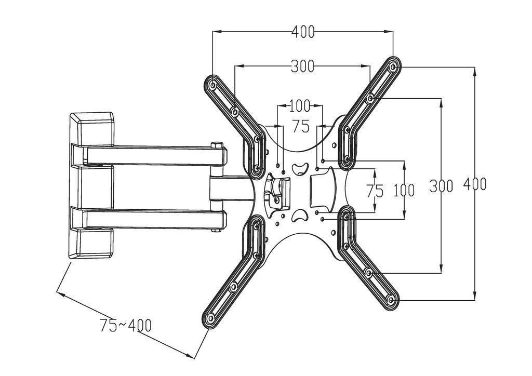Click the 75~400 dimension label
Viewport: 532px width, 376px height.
126,326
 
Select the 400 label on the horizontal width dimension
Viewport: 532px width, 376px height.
303,32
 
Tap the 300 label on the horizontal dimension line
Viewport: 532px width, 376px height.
302,66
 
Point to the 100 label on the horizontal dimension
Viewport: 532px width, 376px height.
299,106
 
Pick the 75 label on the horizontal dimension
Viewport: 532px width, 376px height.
301,126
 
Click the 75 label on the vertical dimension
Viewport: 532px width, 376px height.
375,191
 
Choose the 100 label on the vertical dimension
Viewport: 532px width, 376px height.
404,190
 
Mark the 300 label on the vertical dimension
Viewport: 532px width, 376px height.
441,185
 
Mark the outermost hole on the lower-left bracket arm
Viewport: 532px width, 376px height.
210,318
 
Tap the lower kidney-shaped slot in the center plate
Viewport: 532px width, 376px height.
300,216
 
